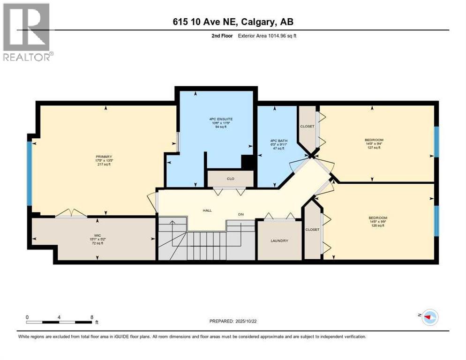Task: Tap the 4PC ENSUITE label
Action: [x=221, y=119]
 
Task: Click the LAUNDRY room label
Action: [x=279, y=240]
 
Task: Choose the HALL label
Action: [x=207, y=210]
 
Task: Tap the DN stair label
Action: [x=241, y=214]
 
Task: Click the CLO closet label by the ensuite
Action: [x=230, y=178]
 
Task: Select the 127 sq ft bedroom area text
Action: [x=374, y=148]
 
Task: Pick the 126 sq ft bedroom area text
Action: [x=377, y=225]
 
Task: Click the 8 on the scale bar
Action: [x=91, y=317]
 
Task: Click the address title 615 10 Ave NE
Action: [x=233, y=22]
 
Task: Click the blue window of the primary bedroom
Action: [x=29, y=173]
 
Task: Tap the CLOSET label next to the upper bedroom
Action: [x=308, y=126]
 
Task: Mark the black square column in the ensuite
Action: [x=247, y=162]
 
